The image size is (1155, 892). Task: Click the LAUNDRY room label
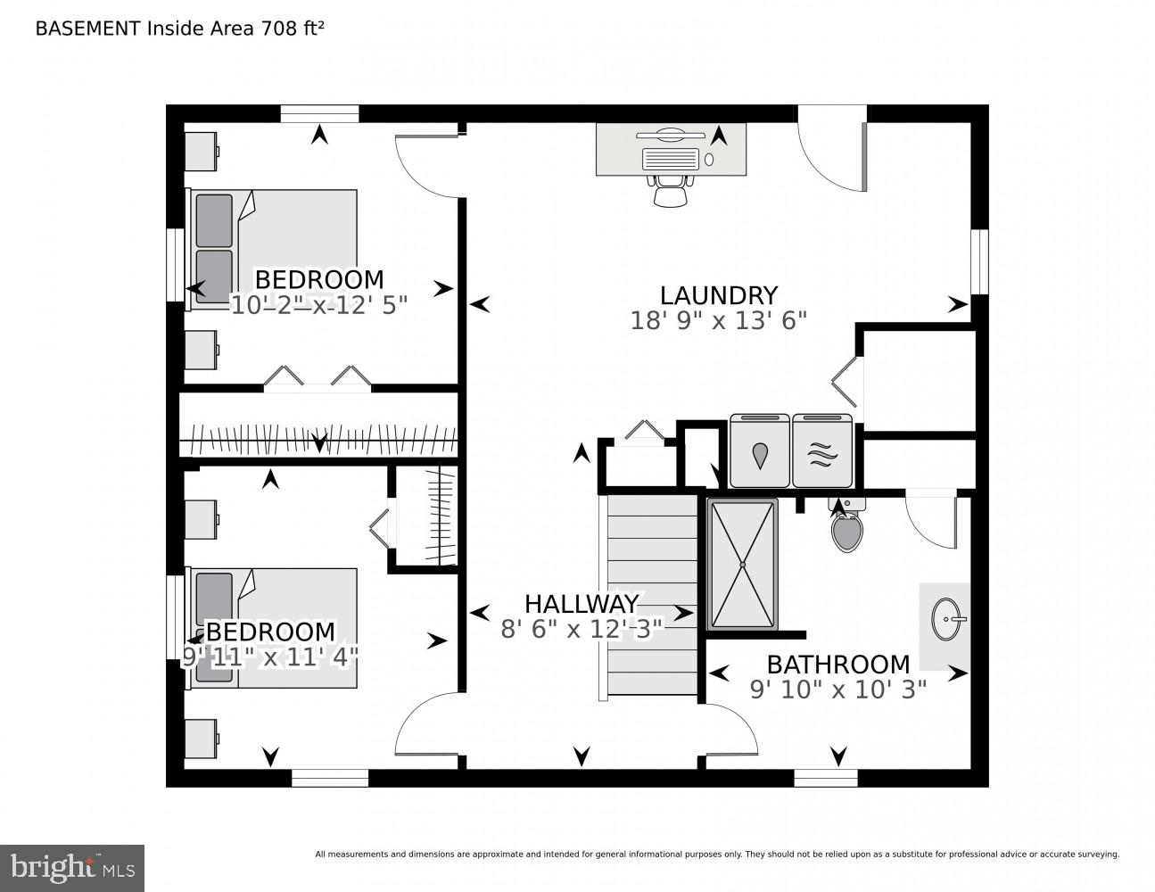pyautogui.click(x=718, y=295)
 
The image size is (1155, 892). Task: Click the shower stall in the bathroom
pyautogui.click(x=742, y=565)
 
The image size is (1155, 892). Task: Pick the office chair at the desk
pyautogui.click(x=671, y=191)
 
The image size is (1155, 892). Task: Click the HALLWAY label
pyautogui.click(x=582, y=604)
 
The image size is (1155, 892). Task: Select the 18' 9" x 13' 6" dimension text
pyautogui.click(x=718, y=321)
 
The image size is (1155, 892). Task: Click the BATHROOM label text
pyautogui.click(x=837, y=665)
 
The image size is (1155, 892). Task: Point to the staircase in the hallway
pyautogui.click(x=652, y=595)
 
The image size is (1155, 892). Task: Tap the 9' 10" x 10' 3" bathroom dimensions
pyautogui.click(x=837, y=689)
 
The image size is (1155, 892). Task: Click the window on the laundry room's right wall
pyautogui.click(x=979, y=261)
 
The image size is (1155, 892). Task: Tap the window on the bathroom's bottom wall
pyautogui.click(x=825, y=778)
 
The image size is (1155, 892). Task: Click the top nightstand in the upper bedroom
pyautogui.click(x=201, y=151)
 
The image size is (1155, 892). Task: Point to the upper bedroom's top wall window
pyautogui.click(x=319, y=113)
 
